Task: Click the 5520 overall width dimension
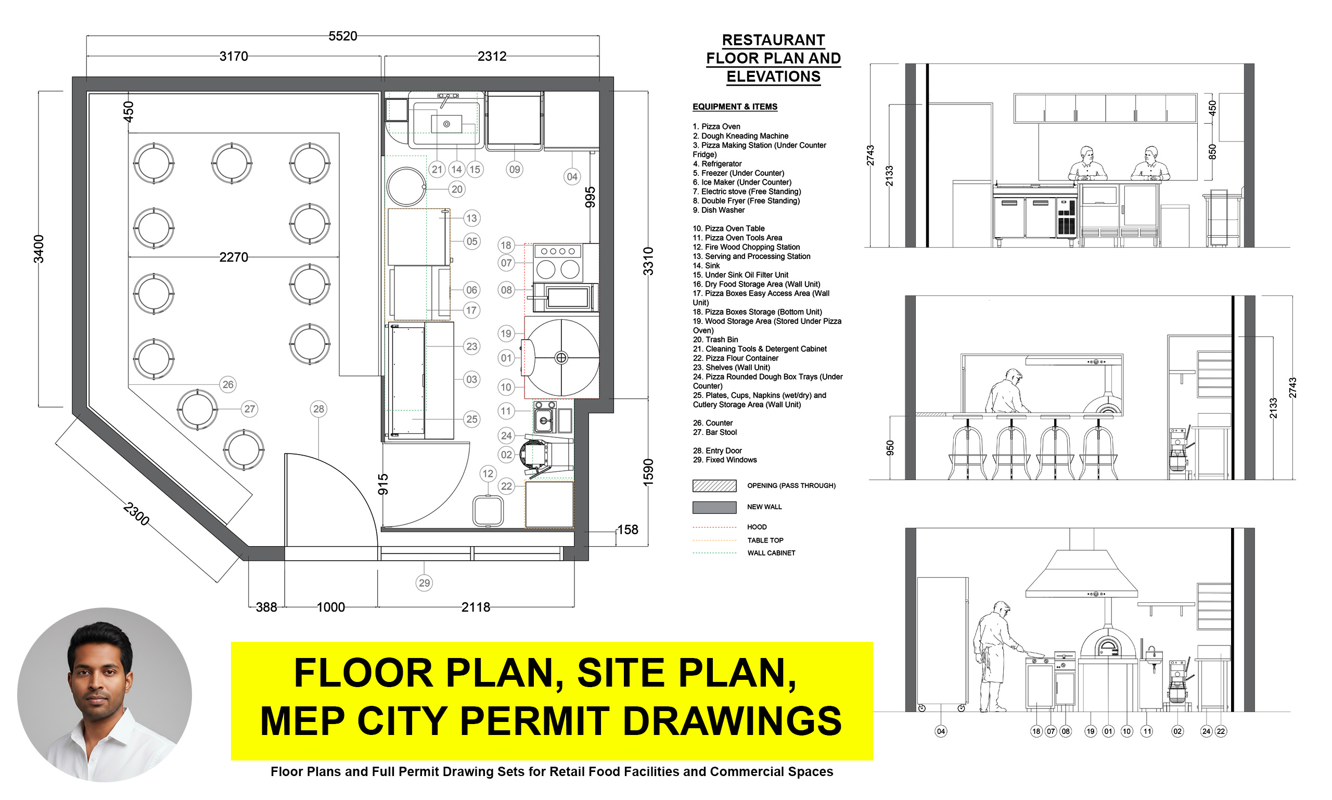coord(342,36)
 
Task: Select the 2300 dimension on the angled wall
coord(136,514)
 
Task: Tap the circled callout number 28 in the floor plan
coord(319,409)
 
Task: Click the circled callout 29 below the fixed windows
coord(425,583)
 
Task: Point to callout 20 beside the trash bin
coord(457,189)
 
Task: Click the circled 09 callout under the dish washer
coord(515,169)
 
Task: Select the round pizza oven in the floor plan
coord(561,357)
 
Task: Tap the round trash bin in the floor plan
coord(406,187)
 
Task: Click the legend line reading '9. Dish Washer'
coord(719,210)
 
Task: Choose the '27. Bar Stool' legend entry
coord(714,432)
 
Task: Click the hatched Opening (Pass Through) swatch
coord(714,486)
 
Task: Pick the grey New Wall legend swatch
coord(714,507)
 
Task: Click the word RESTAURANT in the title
coord(773,41)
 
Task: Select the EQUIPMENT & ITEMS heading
coord(735,107)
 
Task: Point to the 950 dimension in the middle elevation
coord(890,447)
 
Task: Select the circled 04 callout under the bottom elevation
coord(941,731)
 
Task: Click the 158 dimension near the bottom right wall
coord(627,530)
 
